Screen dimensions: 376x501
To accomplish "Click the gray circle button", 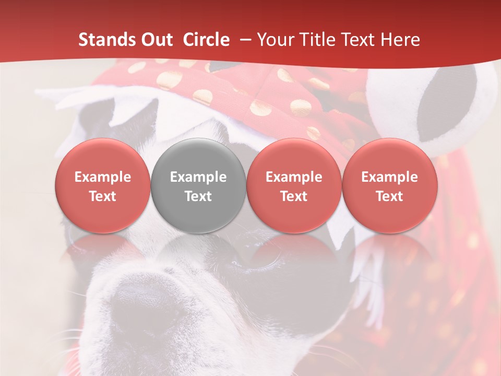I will (198, 186).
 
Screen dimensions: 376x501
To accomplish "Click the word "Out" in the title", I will (156, 40).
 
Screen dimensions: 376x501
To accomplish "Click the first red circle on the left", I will (103, 186).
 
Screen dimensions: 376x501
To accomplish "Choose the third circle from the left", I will (294, 186).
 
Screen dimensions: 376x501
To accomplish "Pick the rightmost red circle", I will (390, 186).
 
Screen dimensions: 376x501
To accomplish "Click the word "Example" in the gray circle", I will (198, 177).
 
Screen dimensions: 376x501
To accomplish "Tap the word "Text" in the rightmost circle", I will (390, 196).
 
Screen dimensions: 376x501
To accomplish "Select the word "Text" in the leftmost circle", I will (103, 196).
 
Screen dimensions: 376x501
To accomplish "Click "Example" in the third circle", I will (294, 177).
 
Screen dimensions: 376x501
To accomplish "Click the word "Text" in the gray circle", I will (198, 196).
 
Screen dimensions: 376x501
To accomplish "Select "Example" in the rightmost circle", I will (390, 177).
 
